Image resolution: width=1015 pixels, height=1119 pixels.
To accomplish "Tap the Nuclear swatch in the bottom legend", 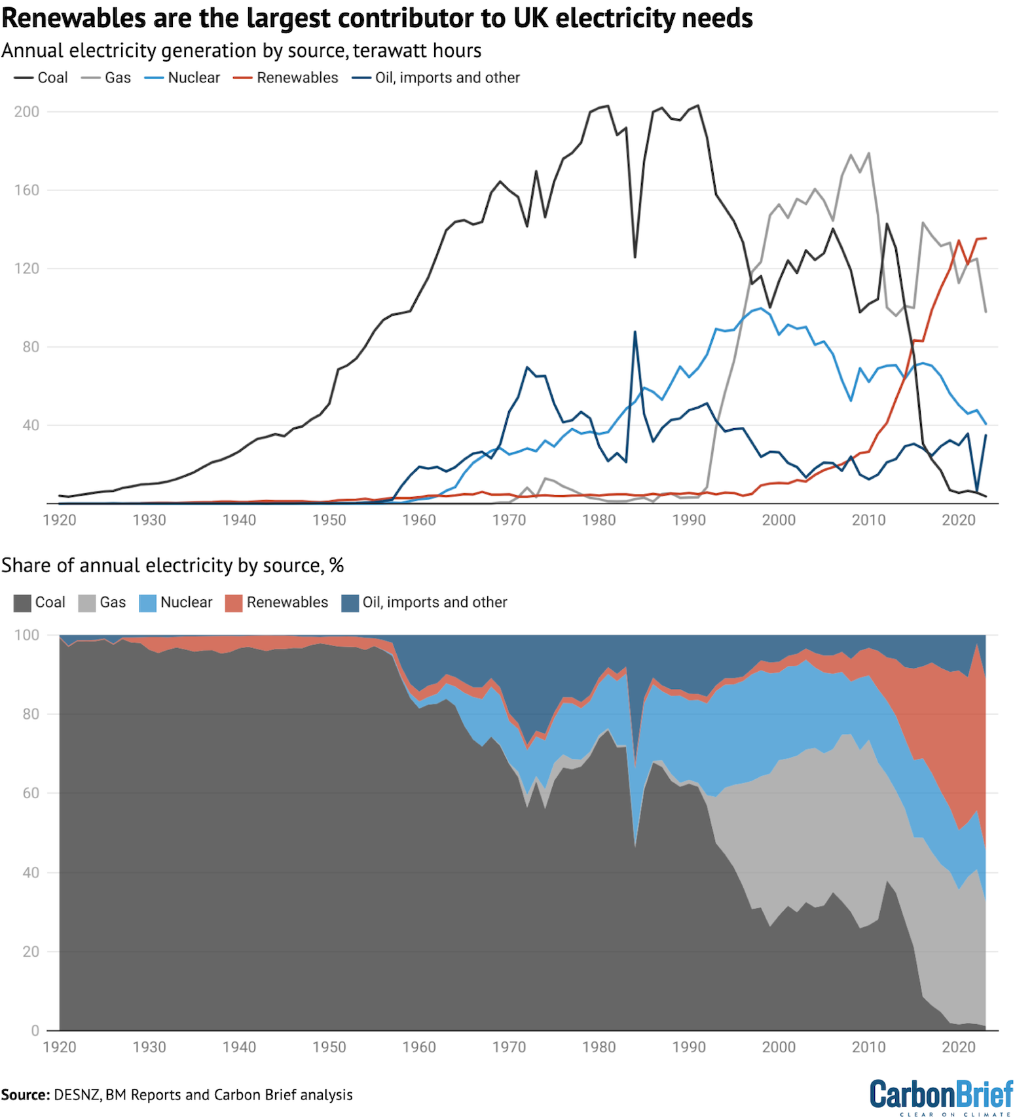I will point(148,603).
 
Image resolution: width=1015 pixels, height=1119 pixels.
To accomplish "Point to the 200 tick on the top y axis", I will point(27,112).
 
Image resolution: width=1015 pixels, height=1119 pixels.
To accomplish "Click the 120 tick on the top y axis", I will point(27,268).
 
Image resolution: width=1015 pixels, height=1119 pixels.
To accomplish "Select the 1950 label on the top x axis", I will point(329,521).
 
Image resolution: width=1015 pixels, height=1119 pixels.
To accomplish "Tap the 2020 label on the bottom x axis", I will point(959,1048).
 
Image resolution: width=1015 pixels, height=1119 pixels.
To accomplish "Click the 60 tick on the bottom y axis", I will point(31,794).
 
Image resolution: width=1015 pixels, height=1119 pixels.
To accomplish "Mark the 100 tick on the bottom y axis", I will point(27,635).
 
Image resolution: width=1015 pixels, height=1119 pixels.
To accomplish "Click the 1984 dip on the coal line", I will point(635,257).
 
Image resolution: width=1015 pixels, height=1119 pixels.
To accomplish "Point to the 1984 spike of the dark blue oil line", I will point(635,332).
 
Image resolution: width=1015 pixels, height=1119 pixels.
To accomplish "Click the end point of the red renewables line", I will point(986,238).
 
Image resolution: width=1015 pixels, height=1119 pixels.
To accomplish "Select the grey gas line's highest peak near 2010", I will point(869,154).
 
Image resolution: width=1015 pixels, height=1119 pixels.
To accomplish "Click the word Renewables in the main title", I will point(73,18).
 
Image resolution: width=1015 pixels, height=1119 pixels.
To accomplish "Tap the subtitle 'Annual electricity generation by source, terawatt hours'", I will point(241,51).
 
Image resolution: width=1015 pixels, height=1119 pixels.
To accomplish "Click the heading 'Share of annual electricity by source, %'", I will point(172,566).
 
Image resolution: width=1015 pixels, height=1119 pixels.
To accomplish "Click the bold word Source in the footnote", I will point(25,1095).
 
